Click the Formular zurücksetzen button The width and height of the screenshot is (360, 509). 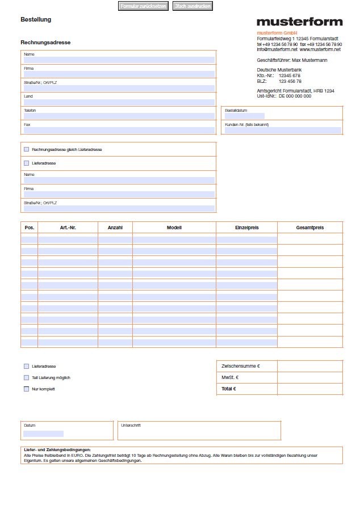point(143,6)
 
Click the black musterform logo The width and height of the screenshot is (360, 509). point(299,22)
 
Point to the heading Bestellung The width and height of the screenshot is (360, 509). point(36,20)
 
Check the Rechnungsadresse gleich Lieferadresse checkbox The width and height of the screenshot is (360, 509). point(26,149)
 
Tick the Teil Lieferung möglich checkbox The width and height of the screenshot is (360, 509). point(26,377)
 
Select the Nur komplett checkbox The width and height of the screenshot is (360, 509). point(26,389)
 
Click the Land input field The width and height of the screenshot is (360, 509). point(119,102)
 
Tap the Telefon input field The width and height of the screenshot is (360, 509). point(119,116)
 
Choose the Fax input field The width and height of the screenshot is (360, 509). point(119,130)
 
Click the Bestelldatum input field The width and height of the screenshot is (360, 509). point(244,116)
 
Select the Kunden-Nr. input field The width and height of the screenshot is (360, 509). point(283,130)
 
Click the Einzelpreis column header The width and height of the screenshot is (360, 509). point(246,228)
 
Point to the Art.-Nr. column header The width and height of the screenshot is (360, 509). point(68,228)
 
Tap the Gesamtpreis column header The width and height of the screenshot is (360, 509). point(310,228)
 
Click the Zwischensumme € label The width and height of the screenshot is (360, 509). point(240,366)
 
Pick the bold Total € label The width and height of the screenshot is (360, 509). point(228,389)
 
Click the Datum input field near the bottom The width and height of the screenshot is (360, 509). point(43,434)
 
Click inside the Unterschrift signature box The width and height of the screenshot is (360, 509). point(199,433)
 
